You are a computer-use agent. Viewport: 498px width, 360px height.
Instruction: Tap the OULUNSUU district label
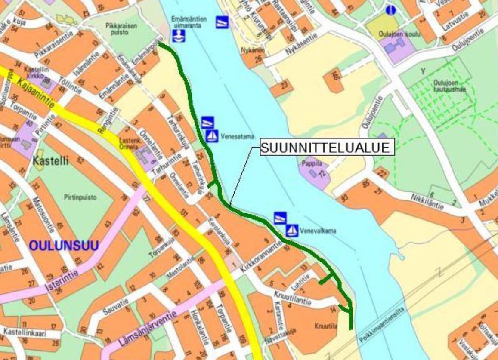[64, 245]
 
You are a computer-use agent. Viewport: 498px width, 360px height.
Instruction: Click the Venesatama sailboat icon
[212, 136]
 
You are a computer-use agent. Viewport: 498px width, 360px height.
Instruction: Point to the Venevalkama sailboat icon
[292, 231]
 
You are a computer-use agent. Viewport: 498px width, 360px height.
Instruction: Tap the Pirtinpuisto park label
[80, 197]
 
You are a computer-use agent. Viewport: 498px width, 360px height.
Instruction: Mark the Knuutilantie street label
[292, 298]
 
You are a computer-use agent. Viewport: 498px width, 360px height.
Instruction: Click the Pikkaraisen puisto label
[121, 29]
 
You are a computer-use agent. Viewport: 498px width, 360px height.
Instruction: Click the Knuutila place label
[326, 326]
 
